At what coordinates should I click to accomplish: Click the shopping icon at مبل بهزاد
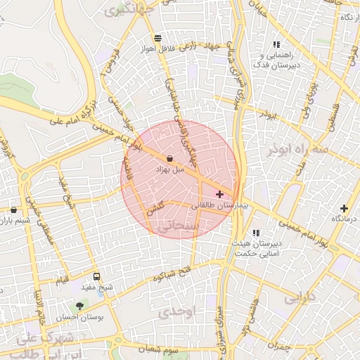(171, 159)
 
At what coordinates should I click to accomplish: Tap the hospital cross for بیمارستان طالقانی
(219, 194)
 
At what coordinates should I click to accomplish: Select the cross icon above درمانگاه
(344, 208)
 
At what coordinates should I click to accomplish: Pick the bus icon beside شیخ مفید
(96, 276)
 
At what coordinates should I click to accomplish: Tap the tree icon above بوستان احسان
(79, 306)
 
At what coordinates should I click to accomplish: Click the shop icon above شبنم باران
(14, 210)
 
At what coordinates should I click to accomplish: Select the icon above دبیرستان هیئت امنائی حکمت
(256, 233)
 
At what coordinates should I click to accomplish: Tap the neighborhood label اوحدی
(175, 310)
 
